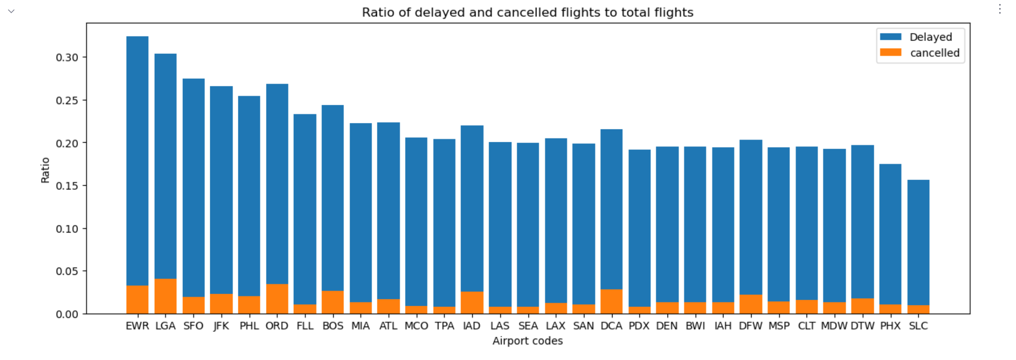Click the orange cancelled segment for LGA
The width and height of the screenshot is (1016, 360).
(165, 296)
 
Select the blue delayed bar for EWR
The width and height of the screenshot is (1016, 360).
(137, 161)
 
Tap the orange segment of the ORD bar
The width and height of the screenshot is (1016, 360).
(277, 299)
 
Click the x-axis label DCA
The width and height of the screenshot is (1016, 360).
(611, 326)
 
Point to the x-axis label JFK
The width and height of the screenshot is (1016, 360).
(221, 326)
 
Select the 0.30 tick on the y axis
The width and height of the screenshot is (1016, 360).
(67, 57)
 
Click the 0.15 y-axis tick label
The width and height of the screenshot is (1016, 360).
(67, 186)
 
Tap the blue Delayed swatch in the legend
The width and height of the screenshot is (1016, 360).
(890, 37)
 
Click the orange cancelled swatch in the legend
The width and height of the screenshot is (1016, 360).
(890, 53)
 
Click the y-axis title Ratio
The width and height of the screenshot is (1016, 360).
(45, 170)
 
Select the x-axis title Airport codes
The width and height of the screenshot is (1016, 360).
(527, 341)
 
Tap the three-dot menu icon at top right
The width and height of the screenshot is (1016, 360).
(1000, 10)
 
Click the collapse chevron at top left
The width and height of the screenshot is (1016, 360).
(11, 11)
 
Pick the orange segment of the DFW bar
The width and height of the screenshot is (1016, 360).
(750, 304)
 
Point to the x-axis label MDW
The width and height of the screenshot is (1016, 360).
(834, 326)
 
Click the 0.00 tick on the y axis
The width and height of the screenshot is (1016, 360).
(67, 314)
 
